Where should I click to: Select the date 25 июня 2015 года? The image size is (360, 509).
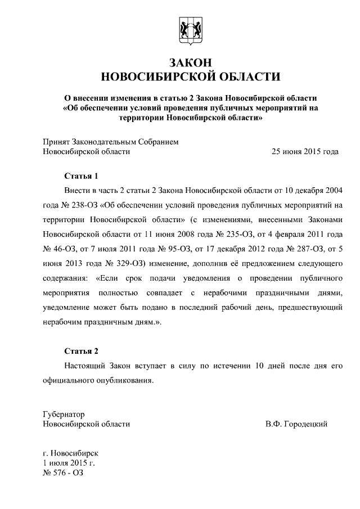click(305, 151)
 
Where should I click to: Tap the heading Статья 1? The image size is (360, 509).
click(81, 175)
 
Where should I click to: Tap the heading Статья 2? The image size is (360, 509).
click(81, 352)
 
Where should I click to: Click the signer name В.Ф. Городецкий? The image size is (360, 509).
click(296, 424)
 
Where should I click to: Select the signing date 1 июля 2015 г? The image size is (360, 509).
click(69, 462)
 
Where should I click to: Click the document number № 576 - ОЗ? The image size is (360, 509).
click(62, 472)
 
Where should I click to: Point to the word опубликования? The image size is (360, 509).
click(123, 380)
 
